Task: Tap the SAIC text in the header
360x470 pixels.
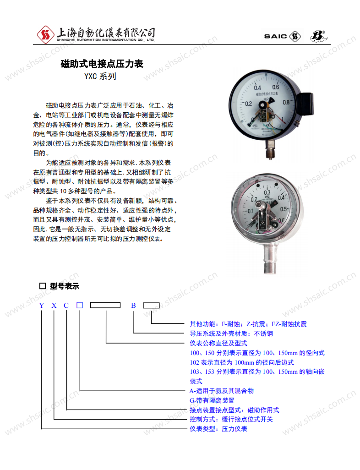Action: click(275, 36)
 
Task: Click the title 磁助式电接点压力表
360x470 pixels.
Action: click(102, 64)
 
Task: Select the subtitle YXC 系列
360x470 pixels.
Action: click(100, 77)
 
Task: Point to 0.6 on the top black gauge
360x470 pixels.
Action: click(276, 87)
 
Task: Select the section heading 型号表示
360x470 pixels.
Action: click(65, 286)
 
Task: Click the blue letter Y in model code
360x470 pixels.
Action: click(42, 306)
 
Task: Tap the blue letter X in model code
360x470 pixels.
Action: click(54, 306)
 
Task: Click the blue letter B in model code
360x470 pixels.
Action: click(133, 306)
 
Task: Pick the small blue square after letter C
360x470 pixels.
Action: click(80, 306)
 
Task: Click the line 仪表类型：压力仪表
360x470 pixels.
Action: click(218, 429)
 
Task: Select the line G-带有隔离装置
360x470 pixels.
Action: click(212, 400)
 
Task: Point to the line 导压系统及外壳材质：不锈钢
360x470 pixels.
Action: click(231, 333)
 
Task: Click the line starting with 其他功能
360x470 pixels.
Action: click(248, 324)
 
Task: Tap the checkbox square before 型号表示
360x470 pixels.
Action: click(43, 286)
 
